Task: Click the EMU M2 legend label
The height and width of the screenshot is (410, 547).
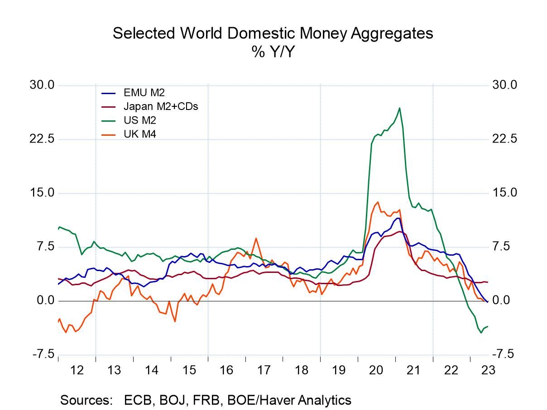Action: pyautogui.click(x=144, y=93)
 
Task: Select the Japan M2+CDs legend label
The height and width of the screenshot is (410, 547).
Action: pyautogui.click(x=160, y=106)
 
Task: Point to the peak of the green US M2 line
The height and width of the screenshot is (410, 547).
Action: pyautogui.click(x=399, y=108)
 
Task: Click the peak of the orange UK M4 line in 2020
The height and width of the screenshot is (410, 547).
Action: pyautogui.click(x=378, y=202)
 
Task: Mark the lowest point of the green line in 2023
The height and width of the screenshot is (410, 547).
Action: pyautogui.click(x=481, y=333)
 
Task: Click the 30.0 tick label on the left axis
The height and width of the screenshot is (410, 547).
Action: pyautogui.click(x=42, y=85)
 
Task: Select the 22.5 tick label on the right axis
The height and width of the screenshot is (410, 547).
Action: pyautogui.click(x=504, y=139)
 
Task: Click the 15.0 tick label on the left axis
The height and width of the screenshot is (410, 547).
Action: pyautogui.click(x=42, y=193)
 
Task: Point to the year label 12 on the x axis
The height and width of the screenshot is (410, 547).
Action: pyautogui.click(x=77, y=370)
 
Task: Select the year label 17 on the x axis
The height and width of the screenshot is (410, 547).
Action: pyautogui.click(x=264, y=370)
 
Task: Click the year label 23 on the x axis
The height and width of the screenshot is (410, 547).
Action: pyautogui.click(x=488, y=370)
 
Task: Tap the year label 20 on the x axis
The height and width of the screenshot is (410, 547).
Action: pyautogui.click(x=376, y=370)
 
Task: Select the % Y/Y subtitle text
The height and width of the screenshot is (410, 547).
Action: pyautogui.click(x=273, y=52)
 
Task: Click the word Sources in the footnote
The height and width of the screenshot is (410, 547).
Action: pyautogui.click(x=86, y=400)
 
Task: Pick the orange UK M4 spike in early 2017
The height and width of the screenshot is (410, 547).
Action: pyautogui.click(x=256, y=238)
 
